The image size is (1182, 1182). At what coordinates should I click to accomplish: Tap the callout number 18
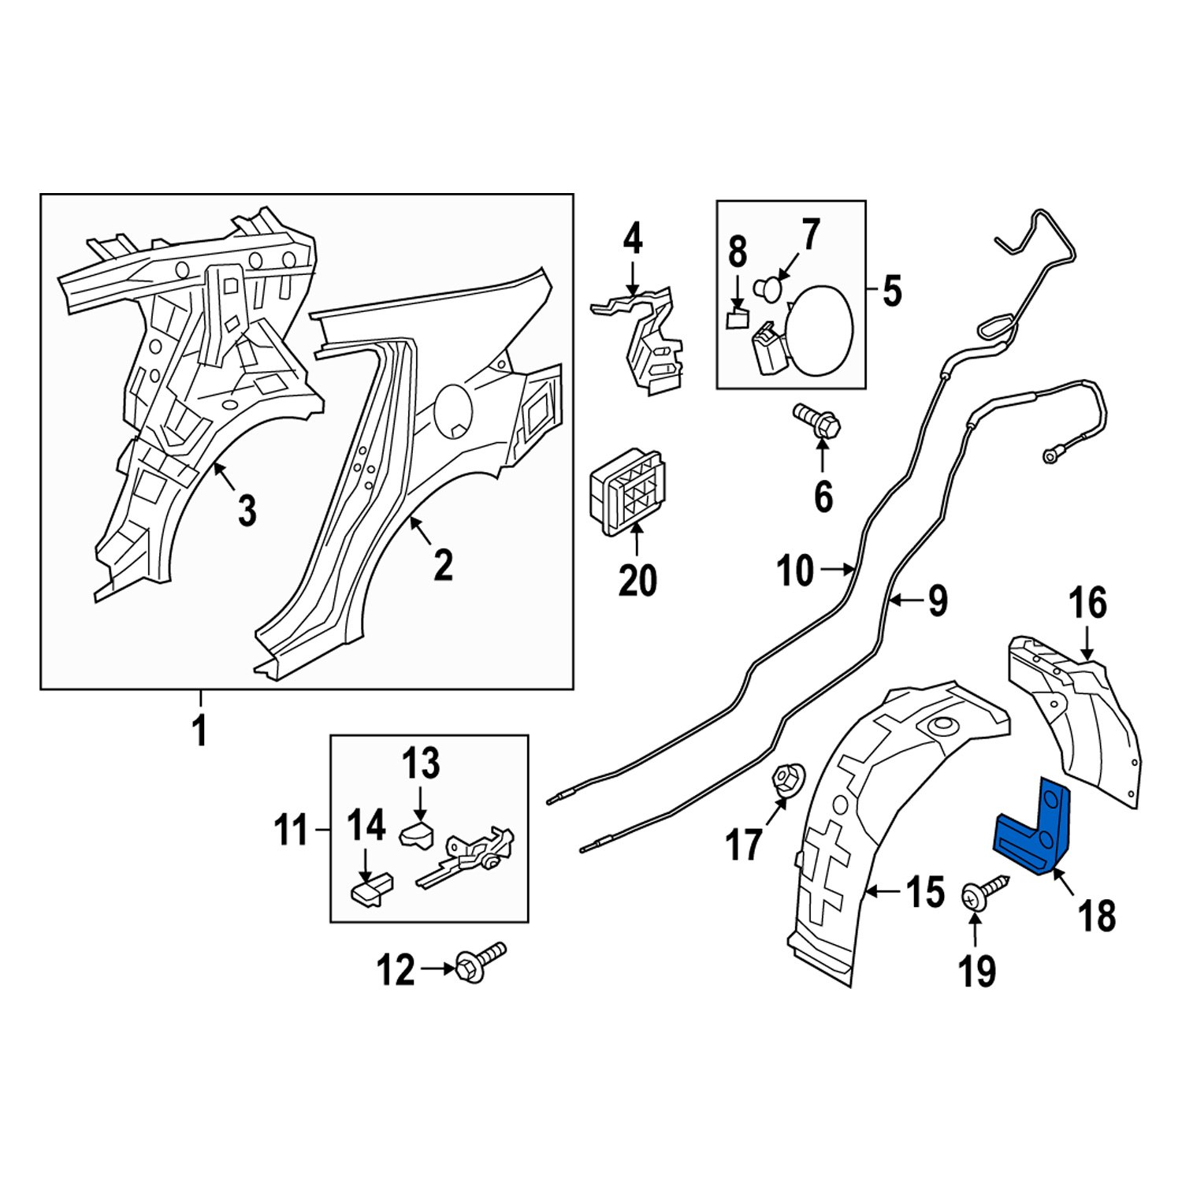click(x=1096, y=916)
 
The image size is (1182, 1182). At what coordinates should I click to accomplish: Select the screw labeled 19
click(x=981, y=894)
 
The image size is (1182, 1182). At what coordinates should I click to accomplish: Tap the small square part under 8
click(x=736, y=318)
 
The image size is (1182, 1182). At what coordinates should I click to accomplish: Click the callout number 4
click(x=633, y=239)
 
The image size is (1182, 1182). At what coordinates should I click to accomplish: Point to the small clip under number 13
click(x=418, y=834)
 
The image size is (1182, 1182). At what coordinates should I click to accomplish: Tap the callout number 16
click(x=1087, y=603)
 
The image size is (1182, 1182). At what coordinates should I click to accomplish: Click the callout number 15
click(x=924, y=893)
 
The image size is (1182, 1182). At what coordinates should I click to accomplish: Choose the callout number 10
click(x=794, y=570)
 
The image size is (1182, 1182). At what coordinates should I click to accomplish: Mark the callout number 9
click(x=937, y=601)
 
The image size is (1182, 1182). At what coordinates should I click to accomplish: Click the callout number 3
click(x=247, y=511)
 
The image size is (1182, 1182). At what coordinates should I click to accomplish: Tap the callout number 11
click(x=292, y=831)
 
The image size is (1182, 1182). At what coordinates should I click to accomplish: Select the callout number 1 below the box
click(x=200, y=730)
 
